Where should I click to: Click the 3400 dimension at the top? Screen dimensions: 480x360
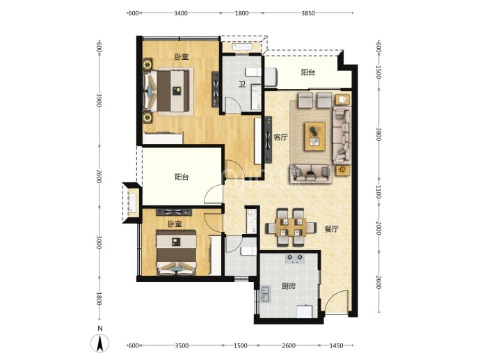point(181,13)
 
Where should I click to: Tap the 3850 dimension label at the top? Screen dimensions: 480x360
point(308,13)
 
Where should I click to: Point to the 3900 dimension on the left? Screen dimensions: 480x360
point(99,100)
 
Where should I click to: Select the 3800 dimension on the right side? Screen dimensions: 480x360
point(378,134)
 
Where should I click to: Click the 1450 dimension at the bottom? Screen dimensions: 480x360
point(336,345)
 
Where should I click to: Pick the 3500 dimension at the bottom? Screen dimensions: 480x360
point(182,345)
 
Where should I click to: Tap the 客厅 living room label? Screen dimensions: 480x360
point(280,137)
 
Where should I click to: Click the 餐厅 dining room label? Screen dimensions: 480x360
point(332,229)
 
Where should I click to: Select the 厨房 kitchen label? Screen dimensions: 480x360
point(289,286)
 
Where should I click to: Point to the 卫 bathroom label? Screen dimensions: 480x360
point(242,84)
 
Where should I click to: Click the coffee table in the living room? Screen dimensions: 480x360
point(314,136)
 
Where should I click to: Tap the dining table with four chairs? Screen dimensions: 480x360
point(291,227)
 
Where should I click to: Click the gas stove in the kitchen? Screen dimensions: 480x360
point(295,258)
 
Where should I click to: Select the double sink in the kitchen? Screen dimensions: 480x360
point(266,294)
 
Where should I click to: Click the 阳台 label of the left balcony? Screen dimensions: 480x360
point(182,177)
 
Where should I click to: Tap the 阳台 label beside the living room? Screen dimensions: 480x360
point(308,72)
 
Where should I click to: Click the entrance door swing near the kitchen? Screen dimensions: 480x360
point(336,302)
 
